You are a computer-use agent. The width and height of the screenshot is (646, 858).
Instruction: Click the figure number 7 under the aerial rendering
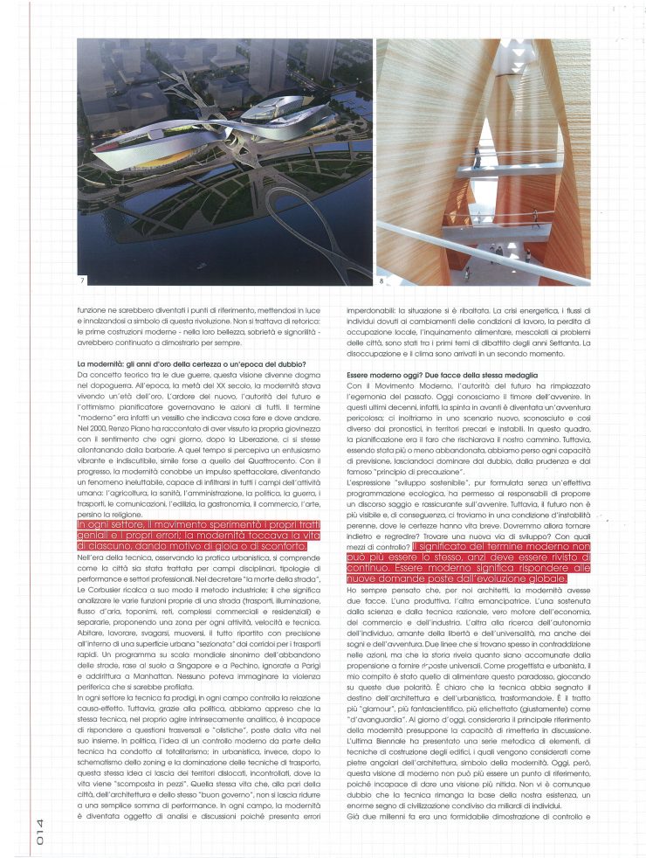(84, 280)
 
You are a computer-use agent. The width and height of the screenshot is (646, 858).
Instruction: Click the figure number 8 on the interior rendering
(381, 280)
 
